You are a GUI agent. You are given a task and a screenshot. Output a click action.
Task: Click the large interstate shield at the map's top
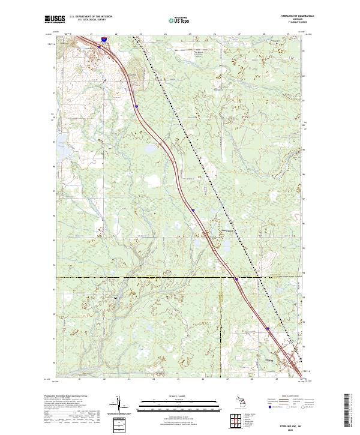pos(104,39)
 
